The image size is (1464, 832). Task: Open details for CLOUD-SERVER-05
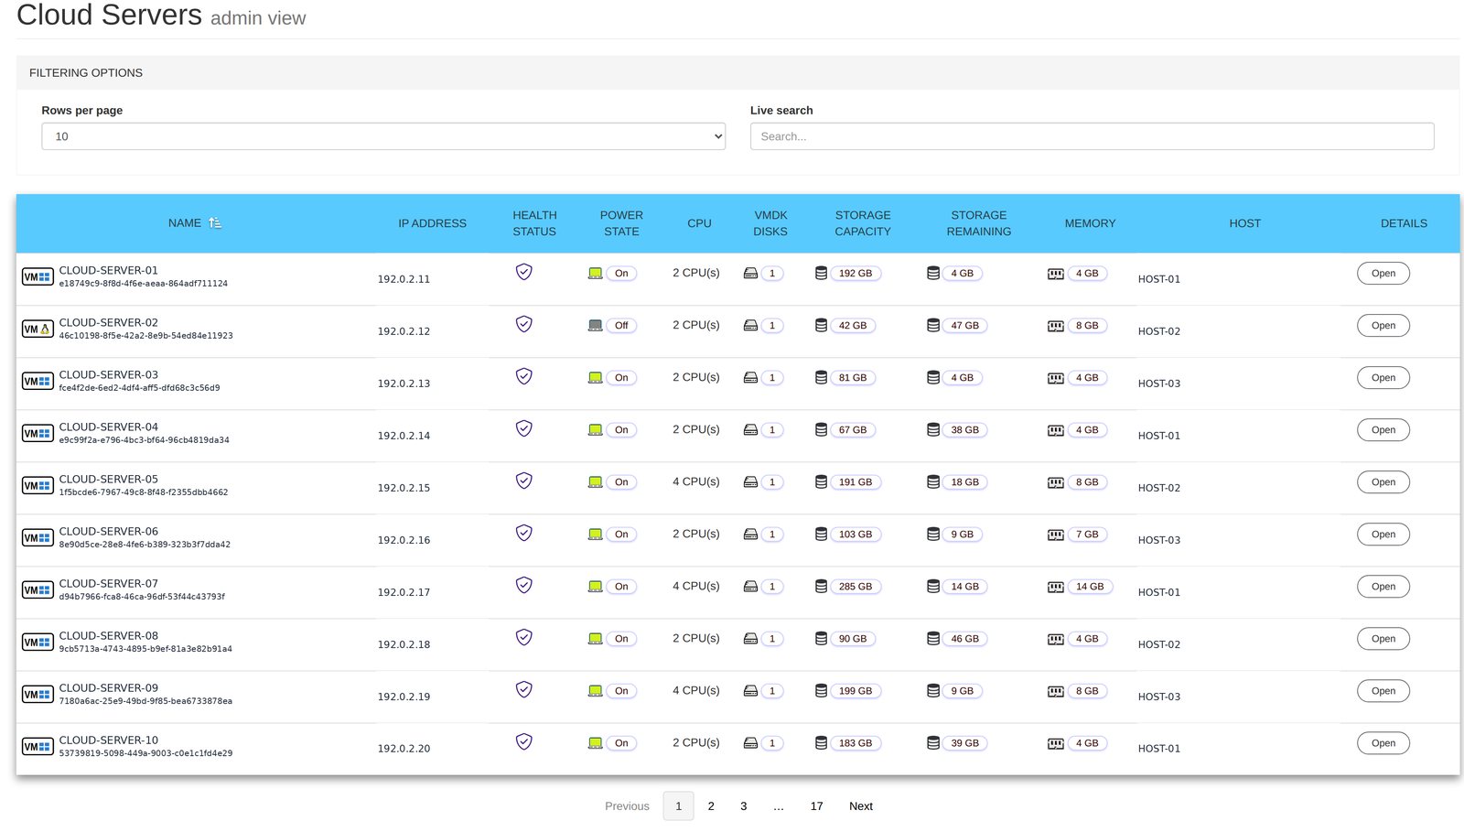pyautogui.click(x=1383, y=482)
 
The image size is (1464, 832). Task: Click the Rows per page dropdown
pyautogui.click(x=383, y=136)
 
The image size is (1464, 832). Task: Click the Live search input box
pyautogui.click(x=1093, y=136)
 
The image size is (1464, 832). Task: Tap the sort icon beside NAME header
pyautogui.click(x=215, y=222)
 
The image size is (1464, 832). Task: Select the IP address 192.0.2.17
pyautogui.click(x=404, y=592)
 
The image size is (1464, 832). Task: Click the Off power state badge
pyautogui.click(x=621, y=326)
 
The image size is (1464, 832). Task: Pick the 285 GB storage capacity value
pyautogui.click(x=856, y=587)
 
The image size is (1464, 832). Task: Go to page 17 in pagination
pyautogui.click(x=816, y=805)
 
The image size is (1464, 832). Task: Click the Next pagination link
pyautogui.click(x=861, y=805)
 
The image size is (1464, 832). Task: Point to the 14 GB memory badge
pyautogui.click(x=1090, y=587)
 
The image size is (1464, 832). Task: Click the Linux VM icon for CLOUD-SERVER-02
pyautogui.click(x=38, y=329)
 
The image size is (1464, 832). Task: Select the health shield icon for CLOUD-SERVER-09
pyautogui.click(x=523, y=689)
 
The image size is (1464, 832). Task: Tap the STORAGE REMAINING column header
pyautogui.click(x=978, y=222)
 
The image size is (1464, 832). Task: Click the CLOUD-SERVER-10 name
pyautogui.click(x=109, y=740)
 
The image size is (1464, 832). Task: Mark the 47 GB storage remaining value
pyautogui.click(x=964, y=326)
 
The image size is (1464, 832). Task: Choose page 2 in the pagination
pyautogui.click(x=711, y=805)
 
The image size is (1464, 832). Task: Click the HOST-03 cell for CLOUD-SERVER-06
pyautogui.click(x=1158, y=540)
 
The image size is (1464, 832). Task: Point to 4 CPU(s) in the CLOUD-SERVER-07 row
pyautogui.click(x=696, y=587)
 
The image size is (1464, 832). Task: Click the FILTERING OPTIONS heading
pyautogui.click(x=86, y=72)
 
